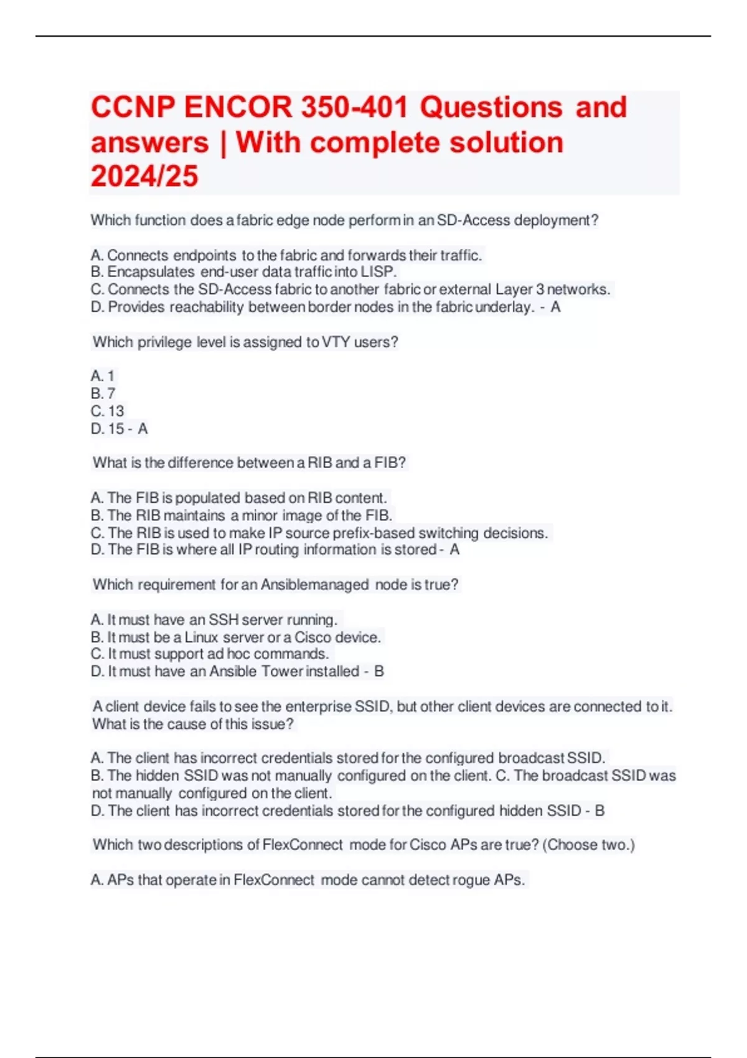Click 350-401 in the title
[355, 107]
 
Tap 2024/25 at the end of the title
[144, 176]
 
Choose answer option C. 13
[108, 411]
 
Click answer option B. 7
[103, 394]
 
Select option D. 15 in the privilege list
[108, 429]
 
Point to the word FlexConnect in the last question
[303, 845]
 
